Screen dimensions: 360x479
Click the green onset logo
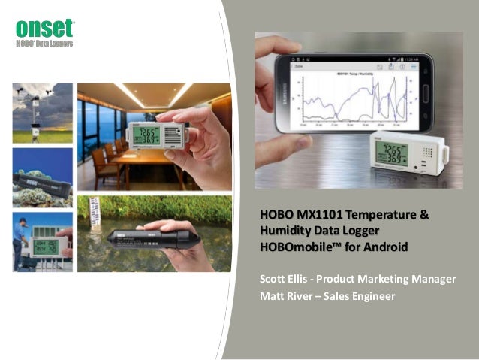coord(45,29)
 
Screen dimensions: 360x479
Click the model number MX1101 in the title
coord(316,216)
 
